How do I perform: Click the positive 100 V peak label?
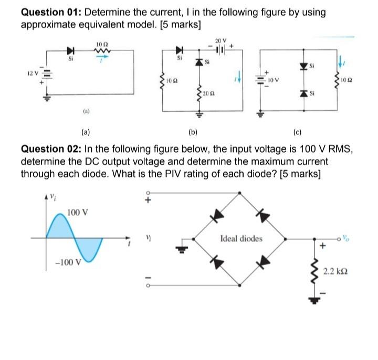pos(78,213)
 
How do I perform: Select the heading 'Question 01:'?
pos(50,12)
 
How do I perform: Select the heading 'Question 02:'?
pos(50,149)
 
